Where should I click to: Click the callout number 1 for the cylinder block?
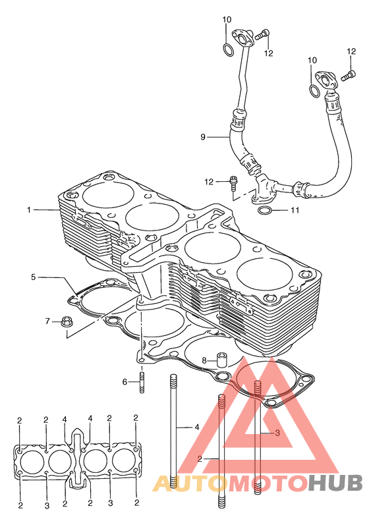pyautogui.click(x=29, y=210)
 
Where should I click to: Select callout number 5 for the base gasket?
pyautogui.click(x=33, y=277)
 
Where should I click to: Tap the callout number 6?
pyautogui.click(x=125, y=381)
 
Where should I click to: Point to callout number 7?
pyautogui.click(x=47, y=321)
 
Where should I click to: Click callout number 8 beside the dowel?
pyautogui.click(x=204, y=360)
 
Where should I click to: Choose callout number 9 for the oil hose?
pyautogui.click(x=203, y=137)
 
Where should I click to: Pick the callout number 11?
pyautogui.click(x=295, y=210)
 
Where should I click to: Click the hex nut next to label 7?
pyautogui.click(x=67, y=322)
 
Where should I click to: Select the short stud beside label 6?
pyautogui.click(x=142, y=383)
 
